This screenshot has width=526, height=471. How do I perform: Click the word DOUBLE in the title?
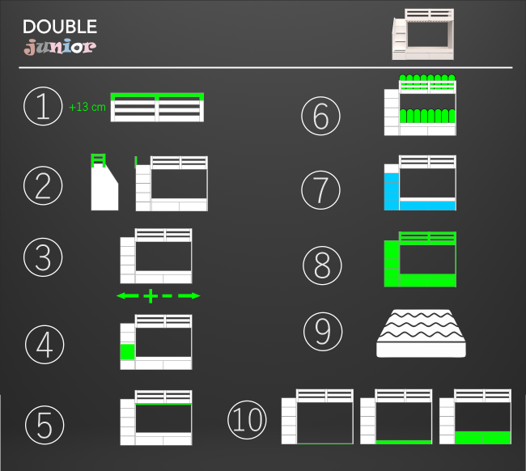point(60,27)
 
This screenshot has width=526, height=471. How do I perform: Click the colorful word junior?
point(60,47)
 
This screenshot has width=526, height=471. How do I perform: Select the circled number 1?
point(43,106)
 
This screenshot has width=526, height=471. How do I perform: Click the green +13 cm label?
point(87,107)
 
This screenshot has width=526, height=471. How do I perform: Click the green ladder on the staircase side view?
point(99,161)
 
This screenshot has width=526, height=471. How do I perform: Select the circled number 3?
point(43,257)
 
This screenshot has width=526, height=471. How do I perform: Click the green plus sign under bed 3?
point(151,296)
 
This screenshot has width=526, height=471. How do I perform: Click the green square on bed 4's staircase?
point(127,352)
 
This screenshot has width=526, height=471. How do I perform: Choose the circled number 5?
point(43,422)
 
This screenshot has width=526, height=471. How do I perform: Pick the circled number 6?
point(320,115)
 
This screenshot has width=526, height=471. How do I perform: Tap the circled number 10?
point(247,419)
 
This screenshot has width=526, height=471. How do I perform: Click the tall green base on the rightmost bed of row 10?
point(483,437)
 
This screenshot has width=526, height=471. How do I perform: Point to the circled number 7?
point(320,189)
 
